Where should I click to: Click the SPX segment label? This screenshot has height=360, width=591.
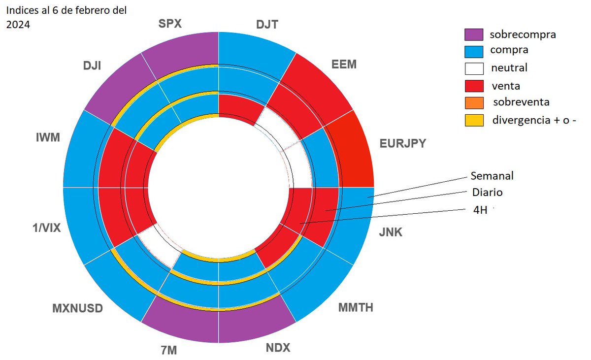(171, 24)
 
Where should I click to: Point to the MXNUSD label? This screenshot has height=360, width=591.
(77, 309)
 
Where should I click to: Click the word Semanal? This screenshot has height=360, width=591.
(492, 175)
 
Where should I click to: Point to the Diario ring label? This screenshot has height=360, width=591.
(487, 192)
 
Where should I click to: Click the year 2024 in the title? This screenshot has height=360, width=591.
(18, 25)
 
